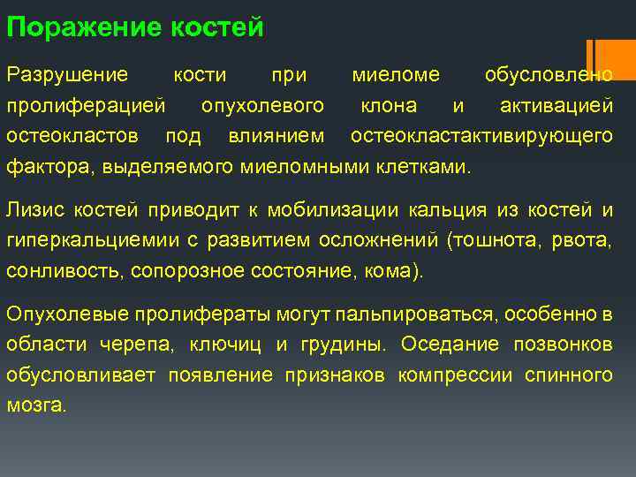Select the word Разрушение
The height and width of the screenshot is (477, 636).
[67, 75]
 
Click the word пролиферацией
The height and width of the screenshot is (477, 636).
[86, 106]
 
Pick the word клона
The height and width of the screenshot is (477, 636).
[389, 106]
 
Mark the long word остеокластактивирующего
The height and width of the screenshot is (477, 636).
[481, 136]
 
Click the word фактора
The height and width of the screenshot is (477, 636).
[49, 166]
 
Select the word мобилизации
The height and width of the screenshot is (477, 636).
[344, 210]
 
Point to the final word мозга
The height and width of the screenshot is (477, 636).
[35, 405]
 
